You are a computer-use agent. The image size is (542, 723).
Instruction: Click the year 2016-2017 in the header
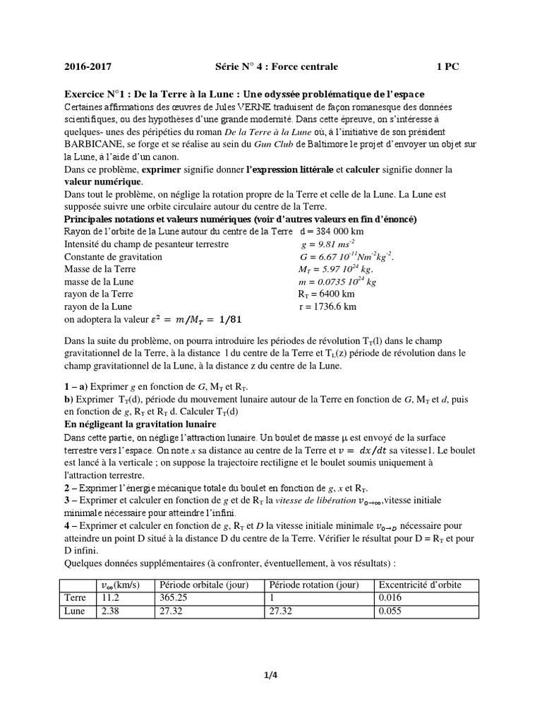point(88,67)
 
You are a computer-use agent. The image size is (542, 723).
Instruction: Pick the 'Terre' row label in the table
point(76,597)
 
